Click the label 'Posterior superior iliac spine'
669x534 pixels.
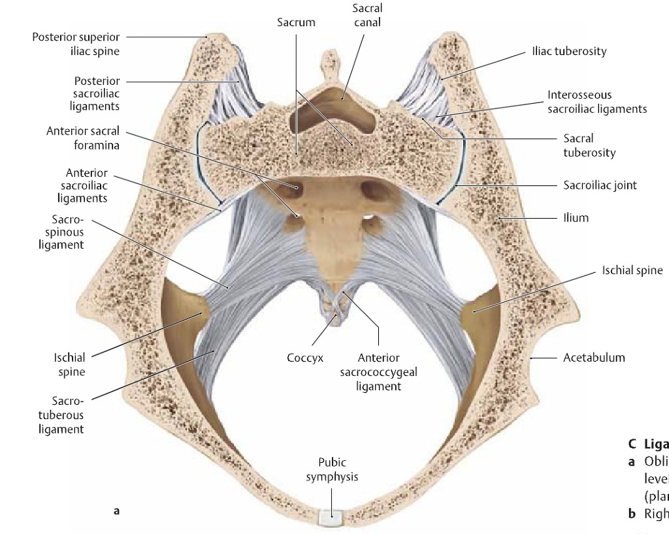click(76, 44)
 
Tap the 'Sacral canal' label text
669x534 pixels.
click(367, 15)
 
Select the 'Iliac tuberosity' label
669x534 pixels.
click(569, 51)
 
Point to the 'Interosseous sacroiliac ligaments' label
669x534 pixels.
click(597, 102)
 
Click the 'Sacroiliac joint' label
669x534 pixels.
click(600, 185)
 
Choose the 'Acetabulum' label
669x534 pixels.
click(594, 357)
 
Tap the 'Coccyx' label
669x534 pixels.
click(305, 358)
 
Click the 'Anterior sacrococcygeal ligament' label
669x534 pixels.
click(379, 372)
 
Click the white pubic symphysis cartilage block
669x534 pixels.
click(331, 518)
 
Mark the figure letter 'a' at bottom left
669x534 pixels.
click(116, 510)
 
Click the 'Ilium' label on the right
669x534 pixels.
click(576, 217)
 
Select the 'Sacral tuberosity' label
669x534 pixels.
click(589, 145)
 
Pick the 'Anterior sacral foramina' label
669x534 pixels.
click(83, 138)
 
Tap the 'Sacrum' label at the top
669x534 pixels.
click(296, 22)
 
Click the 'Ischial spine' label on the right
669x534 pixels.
click(632, 270)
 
